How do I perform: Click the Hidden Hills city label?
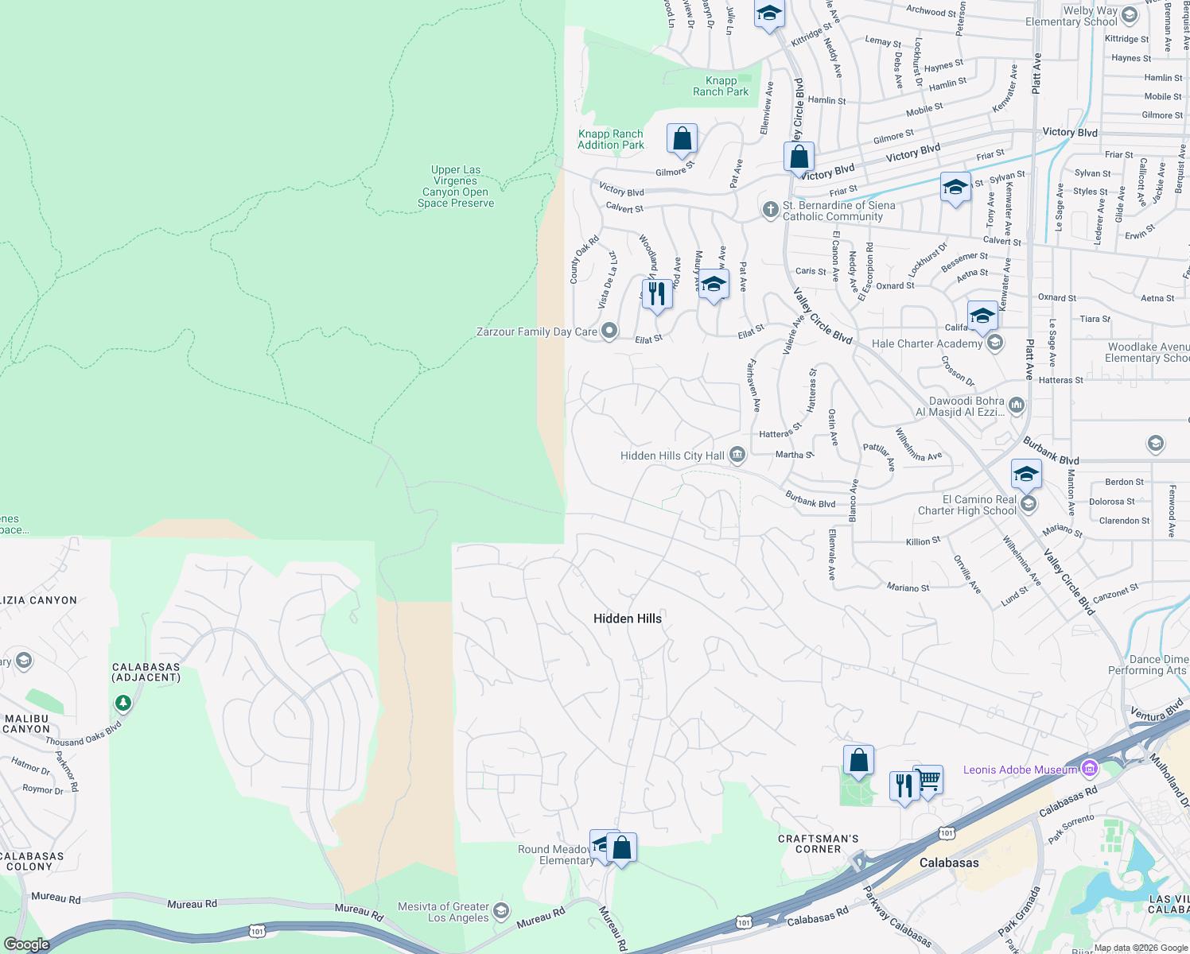coord(627,619)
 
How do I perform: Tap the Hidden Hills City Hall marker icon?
coord(737,455)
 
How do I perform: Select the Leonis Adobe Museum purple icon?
coord(1090,769)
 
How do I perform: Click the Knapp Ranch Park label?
coord(721,86)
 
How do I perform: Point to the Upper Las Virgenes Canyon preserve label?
coord(456,186)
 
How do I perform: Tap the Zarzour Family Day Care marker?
coord(609,331)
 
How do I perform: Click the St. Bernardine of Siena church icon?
coord(770,210)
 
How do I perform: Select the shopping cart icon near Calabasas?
coord(928,780)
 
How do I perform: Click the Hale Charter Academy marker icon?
coord(994,343)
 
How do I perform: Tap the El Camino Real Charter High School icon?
coord(1029,504)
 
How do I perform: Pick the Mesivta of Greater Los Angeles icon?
coord(500,911)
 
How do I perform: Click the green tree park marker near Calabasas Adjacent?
coord(122,703)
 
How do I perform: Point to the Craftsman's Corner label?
coord(818,843)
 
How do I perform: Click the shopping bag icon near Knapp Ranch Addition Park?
coord(682,138)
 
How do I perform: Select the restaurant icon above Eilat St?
coord(656,293)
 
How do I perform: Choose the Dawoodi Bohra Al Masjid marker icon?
coord(1017,406)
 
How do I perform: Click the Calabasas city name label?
coord(949,863)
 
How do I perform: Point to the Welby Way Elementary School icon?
coord(1130,13)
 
